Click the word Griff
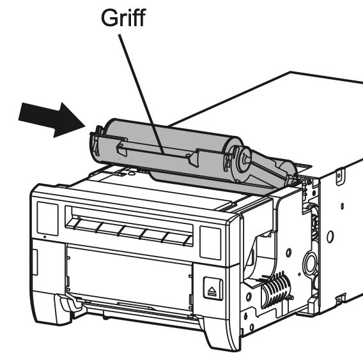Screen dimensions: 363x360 pyautogui.click(x=123, y=18)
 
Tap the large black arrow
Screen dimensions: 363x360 pyautogui.click(x=52, y=120)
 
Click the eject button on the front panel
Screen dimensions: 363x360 pyautogui.click(x=213, y=289)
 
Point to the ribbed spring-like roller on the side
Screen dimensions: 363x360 pyautogui.click(x=276, y=289)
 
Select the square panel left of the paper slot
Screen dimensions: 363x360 pyautogui.click(x=47, y=218)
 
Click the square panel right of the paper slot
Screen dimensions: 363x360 pyautogui.click(x=210, y=243)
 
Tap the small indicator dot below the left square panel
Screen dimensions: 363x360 pyautogui.click(x=45, y=237)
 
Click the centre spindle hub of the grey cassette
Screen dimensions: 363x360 pyautogui.click(x=245, y=158)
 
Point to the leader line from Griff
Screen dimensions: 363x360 pyautogui.click(x=141, y=94)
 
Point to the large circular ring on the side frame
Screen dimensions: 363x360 pyautogui.click(x=311, y=264)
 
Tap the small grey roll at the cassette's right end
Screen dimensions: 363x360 pyautogui.click(x=286, y=170)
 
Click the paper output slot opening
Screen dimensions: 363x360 pyautogui.click(x=129, y=226)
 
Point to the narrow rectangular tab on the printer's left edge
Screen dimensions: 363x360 pyautogui.click(x=35, y=262)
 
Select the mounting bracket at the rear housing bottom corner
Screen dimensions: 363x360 pyautogui.click(x=340, y=299)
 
